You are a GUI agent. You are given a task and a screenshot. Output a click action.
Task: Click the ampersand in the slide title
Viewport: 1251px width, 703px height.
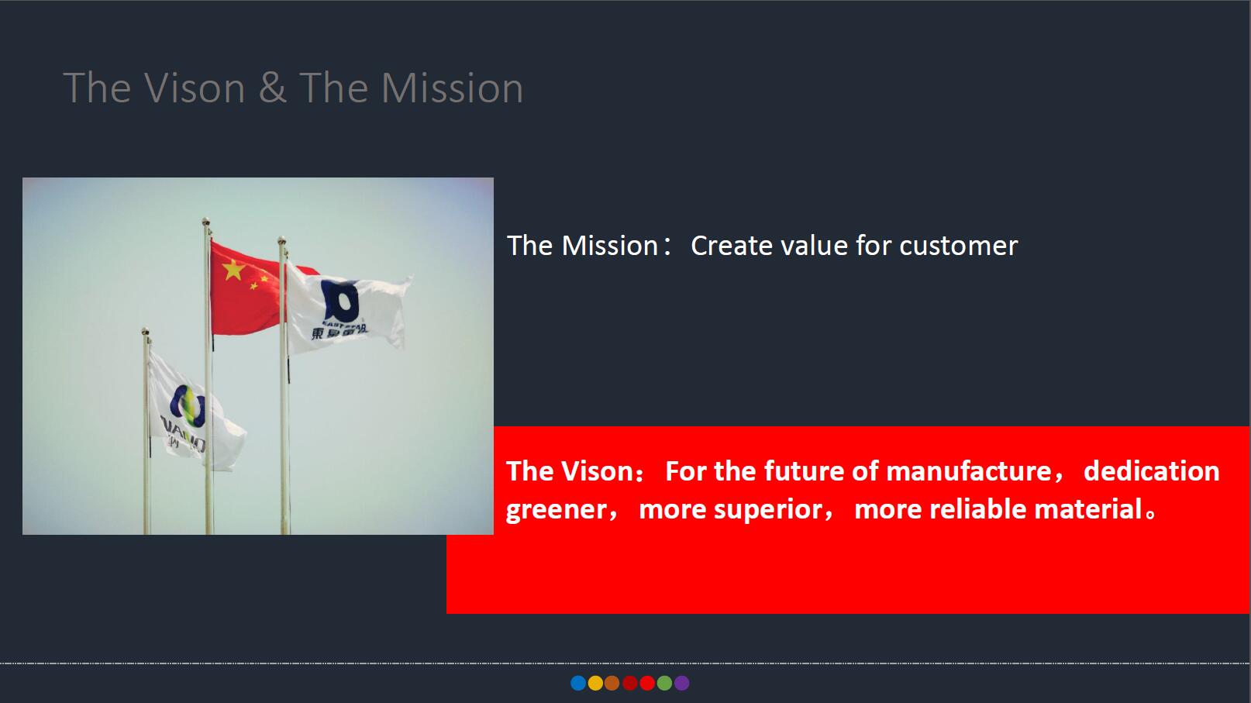[273, 88]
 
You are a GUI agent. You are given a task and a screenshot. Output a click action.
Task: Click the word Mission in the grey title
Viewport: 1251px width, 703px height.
[452, 88]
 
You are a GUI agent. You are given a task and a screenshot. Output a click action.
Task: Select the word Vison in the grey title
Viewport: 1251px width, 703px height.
[195, 88]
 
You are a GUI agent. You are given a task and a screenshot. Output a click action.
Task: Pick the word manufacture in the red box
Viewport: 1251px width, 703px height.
[969, 470]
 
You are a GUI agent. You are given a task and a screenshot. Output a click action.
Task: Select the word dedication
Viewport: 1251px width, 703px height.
[1152, 470]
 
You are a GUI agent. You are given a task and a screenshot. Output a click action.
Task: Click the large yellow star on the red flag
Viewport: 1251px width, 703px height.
[233, 270]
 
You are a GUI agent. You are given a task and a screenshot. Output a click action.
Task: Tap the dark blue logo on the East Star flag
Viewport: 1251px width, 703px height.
[339, 301]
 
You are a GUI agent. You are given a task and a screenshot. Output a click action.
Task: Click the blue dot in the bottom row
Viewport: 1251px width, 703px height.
[578, 683]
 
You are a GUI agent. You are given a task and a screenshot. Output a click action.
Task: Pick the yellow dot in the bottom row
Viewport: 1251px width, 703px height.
[595, 683]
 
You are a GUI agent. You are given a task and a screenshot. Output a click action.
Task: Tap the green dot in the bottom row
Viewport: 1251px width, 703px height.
[664, 683]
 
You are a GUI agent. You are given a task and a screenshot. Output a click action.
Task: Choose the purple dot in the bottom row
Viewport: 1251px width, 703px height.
[682, 683]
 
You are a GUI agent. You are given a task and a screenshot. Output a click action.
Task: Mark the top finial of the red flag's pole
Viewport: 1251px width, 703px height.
[206, 221]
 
